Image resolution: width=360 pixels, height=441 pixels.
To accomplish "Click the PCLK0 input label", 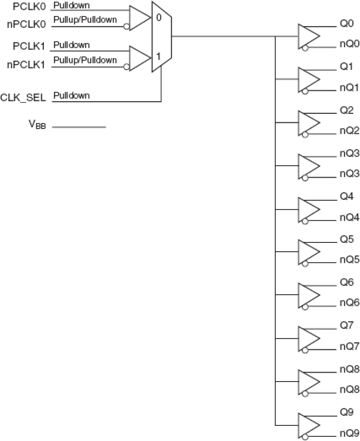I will click(29, 7).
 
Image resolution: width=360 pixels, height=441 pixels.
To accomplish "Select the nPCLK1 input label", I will click(26, 65).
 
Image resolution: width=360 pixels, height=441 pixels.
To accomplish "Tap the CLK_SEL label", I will click(23, 98).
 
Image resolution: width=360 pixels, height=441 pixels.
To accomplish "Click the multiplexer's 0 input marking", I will click(159, 17).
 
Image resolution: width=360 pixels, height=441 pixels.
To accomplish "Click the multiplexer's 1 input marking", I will click(158, 56).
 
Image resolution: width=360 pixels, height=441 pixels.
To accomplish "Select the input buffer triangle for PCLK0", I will click(139, 18).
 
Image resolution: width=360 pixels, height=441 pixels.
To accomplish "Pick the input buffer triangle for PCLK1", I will click(139, 58).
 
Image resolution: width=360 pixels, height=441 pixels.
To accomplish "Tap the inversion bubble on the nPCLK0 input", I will click(126, 27).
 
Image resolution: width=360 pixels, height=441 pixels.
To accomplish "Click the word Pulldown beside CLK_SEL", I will click(71, 95).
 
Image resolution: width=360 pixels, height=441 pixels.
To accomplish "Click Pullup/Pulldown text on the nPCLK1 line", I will click(85, 60).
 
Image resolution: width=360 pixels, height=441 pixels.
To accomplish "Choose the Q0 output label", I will click(347, 24).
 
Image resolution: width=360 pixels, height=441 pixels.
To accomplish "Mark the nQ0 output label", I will click(349, 44).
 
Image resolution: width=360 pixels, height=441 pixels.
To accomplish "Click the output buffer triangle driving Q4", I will click(308, 210).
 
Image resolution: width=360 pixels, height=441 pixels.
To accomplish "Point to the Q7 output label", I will click(347, 325).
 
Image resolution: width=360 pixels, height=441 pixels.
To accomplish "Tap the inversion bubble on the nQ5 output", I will click(305, 264).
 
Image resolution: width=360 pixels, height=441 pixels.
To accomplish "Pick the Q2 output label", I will click(347, 110).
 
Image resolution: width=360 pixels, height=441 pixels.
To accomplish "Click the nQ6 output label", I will click(349, 303).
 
